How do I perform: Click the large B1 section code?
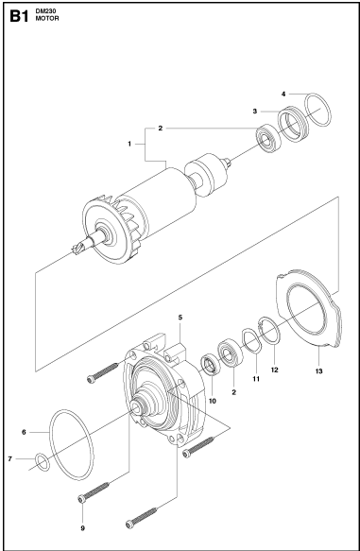[19, 15]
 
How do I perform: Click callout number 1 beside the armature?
[129, 143]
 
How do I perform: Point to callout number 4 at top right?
[284, 94]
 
